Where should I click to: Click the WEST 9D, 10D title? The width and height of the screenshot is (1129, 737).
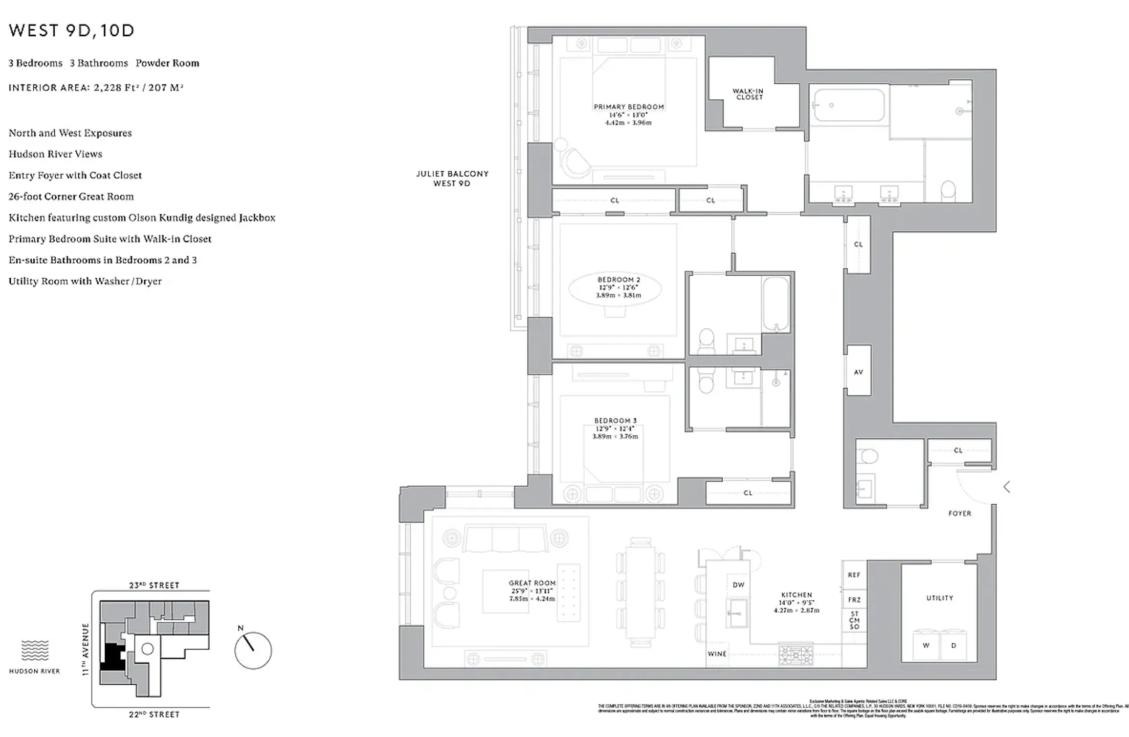(x=72, y=31)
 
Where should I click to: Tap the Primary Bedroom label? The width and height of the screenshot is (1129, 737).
(x=628, y=107)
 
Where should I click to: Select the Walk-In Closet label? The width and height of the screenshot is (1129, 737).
(x=749, y=94)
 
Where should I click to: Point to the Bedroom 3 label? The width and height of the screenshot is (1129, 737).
(x=615, y=420)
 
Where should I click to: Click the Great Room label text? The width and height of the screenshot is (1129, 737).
(x=532, y=583)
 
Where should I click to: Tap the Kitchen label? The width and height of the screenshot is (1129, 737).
(x=796, y=595)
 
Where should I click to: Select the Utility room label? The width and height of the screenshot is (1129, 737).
(x=939, y=598)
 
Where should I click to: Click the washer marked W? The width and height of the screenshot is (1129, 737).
(x=926, y=645)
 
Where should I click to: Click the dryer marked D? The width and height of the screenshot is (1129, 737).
(x=954, y=645)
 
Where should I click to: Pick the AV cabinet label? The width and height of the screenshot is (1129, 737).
(x=858, y=372)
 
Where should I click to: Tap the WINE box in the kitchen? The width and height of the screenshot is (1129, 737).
(x=717, y=654)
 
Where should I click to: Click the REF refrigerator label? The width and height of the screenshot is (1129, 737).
(x=854, y=575)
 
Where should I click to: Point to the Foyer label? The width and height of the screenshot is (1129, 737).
(x=959, y=513)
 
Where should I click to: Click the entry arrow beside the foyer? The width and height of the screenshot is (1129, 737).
(x=1007, y=487)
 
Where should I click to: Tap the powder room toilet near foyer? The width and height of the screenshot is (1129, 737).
(x=869, y=456)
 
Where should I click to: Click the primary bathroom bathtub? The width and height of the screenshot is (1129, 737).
(x=849, y=105)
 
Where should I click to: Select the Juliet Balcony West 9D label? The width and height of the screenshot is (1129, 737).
(x=452, y=178)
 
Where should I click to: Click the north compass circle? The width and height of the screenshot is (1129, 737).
(x=253, y=651)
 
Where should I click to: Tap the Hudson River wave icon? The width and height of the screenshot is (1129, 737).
(x=35, y=650)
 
